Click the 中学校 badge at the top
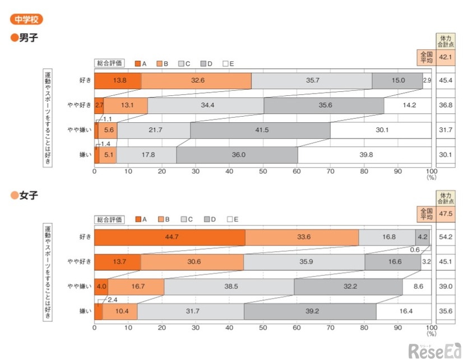click(x=26, y=19)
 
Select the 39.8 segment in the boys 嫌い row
click(x=364, y=155)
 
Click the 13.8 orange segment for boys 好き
click(x=118, y=81)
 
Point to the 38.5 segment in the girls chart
click(x=229, y=287)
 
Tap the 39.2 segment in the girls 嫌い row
click(x=309, y=312)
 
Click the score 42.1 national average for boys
click(x=446, y=57)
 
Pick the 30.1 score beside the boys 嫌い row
click(x=446, y=155)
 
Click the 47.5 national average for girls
click(x=446, y=214)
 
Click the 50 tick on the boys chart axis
click(x=263, y=170)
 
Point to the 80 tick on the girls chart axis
click(x=364, y=327)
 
